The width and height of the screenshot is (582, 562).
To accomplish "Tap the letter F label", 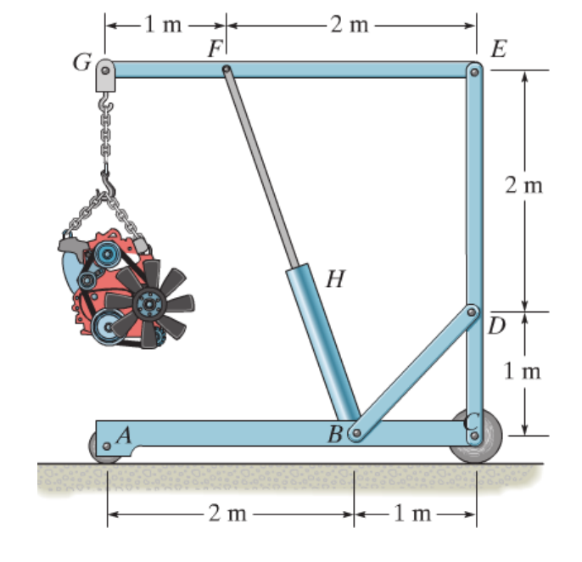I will coord(215,49).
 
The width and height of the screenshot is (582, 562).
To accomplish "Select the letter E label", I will coord(499,48).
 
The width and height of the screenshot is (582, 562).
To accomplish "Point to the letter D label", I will coord(497,326).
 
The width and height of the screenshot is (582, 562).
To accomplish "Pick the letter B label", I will coord(337,436).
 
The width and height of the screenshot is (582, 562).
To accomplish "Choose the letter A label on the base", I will coord(124,435).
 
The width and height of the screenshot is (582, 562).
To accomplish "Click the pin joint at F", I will coord(226,70).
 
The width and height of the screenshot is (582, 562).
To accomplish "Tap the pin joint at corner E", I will coord(474,71).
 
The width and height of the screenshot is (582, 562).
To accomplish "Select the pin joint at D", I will coord(473,312).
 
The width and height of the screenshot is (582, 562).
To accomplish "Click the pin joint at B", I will coord(356,434).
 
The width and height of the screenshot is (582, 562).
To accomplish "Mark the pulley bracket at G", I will coord(104,71).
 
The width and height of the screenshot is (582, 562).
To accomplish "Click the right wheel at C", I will coord(475,438).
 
